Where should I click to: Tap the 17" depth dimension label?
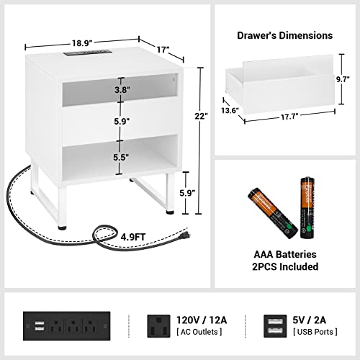click(x=163, y=50)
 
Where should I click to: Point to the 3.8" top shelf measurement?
click(x=122, y=91)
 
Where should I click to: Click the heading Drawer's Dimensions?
click(x=284, y=35)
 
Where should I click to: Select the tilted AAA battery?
click(x=272, y=212)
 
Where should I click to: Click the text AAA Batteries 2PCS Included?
click(x=284, y=261)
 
